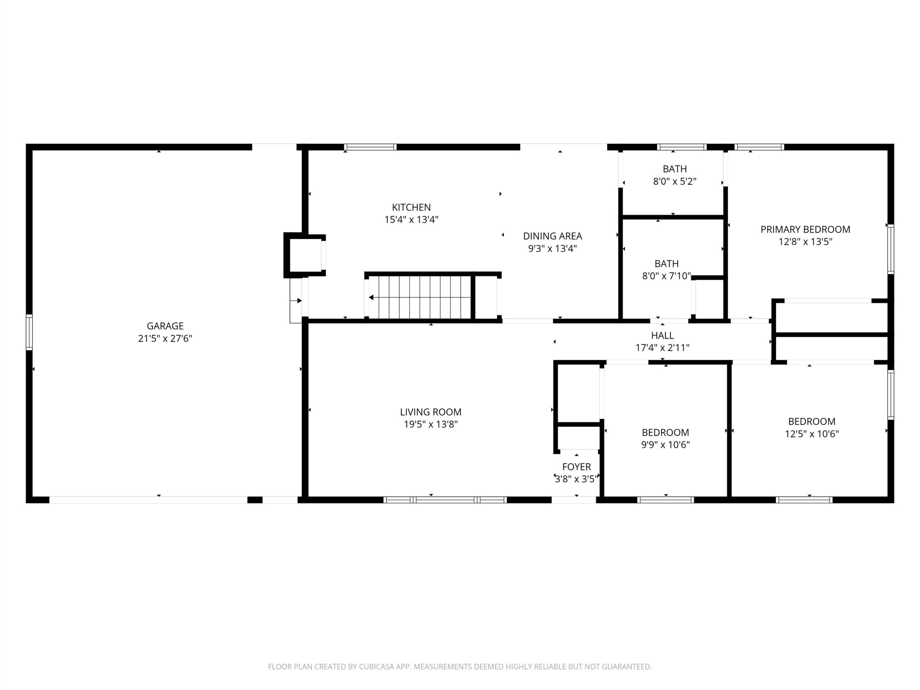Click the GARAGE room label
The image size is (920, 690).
point(165,326)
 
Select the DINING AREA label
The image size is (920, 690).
point(552,236)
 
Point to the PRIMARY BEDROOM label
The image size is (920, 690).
point(805,230)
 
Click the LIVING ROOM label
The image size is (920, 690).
point(431,412)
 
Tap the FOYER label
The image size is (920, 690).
point(576,467)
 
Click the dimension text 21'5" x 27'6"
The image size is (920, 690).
point(165,339)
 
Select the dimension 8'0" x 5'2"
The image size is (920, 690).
point(675,182)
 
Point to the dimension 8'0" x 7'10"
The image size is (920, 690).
point(667,276)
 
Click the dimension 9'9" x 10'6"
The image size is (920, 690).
point(666,445)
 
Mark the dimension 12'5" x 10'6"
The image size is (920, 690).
point(811,434)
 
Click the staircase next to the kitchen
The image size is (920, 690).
point(419,297)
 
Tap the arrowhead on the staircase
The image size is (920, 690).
point(371,297)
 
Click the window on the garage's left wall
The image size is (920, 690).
point(29,332)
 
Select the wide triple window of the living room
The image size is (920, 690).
point(445,500)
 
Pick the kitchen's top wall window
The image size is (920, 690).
point(370,147)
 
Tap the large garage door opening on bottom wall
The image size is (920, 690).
point(148,500)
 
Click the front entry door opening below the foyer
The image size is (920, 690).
point(574,500)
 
